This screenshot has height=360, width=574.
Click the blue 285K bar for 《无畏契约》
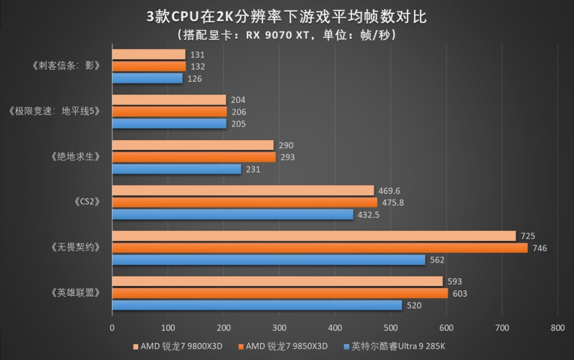pyautogui.click(x=268, y=260)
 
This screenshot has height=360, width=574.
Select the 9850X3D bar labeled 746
pyautogui.click(x=319, y=248)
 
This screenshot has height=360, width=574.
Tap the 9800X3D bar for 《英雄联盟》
pyautogui.click(x=277, y=281)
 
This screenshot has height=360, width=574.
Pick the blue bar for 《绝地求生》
pyautogui.click(x=176, y=169)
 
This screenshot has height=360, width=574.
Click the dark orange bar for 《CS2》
pyautogui.click(x=244, y=202)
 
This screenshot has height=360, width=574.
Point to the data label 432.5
pyautogui.click(x=369, y=215)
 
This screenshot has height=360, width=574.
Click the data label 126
pyautogui.click(x=195, y=79)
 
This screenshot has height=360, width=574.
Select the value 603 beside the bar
pyautogui.click(x=460, y=294)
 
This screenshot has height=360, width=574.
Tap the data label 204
pyautogui.click(x=238, y=100)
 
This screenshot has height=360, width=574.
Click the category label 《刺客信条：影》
pyautogui.click(x=66, y=66)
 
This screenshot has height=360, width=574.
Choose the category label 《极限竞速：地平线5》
pyautogui.click(x=54, y=112)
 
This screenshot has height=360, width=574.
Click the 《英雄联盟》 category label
pyautogui.click(x=74, y=293)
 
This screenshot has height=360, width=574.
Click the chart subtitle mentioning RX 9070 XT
pyautogui.click(x=287, y=35)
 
